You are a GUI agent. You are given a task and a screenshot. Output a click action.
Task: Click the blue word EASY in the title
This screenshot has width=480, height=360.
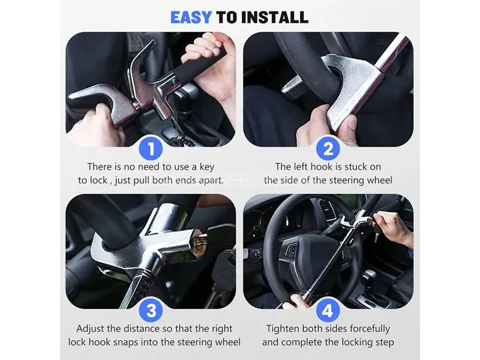[x=191, y=17]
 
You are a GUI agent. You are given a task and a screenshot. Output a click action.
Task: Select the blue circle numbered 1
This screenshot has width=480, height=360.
[x=151, y=148]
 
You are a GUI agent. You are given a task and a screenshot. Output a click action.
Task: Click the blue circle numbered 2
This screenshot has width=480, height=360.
[x=328, y=148]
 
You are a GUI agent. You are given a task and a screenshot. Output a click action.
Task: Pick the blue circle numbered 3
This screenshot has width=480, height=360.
[x=151, y=310]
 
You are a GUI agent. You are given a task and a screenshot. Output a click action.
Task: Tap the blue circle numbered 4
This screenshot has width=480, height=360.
[x=328, y=310]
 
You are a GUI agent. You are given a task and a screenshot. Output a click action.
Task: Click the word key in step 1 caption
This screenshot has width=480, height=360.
[x=207, y=167]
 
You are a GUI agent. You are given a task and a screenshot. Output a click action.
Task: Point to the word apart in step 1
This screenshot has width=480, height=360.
[x=211, y=181]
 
